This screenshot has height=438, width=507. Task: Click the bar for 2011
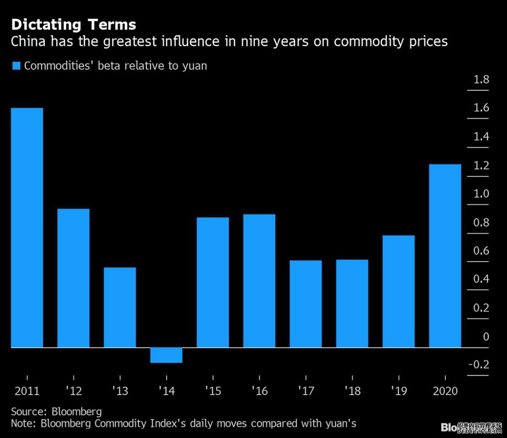27,228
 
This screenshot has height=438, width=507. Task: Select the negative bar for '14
166,355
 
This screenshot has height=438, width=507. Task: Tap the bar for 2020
445,255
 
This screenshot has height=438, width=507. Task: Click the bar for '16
259,281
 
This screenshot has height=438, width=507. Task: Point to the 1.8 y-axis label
481,80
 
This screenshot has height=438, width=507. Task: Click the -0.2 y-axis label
479,365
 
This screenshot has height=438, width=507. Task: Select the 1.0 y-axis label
481,194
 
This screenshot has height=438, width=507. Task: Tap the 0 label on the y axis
486,337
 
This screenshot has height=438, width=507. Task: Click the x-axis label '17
306,391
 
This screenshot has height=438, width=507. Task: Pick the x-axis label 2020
445,391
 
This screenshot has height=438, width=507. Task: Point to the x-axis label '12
73,391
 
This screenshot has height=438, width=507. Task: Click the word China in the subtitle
27,42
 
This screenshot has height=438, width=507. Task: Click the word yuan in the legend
194,66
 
